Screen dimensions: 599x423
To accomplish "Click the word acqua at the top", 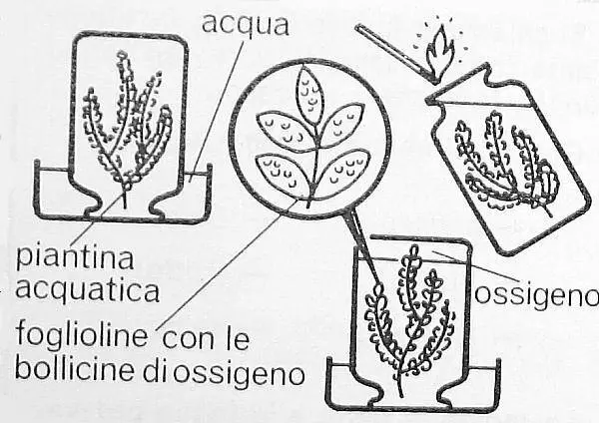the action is pyautogui.click(x=245, y=24).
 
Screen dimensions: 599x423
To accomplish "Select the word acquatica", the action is pyautogui.click(x=88, y=289).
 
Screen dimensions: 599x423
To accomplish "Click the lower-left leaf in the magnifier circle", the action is pyautogui.click(x=284, y=173).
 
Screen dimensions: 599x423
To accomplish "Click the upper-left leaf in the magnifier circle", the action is pyautogui.click(x=286, y=127).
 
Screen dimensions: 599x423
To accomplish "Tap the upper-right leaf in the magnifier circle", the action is pyautogui.click(x=341, y=122).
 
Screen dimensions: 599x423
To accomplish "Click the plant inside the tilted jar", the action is pyautogui.click(x=505, y=166).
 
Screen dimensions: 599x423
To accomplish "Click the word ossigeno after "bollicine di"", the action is pyautogui.click(x=240, y=372).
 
